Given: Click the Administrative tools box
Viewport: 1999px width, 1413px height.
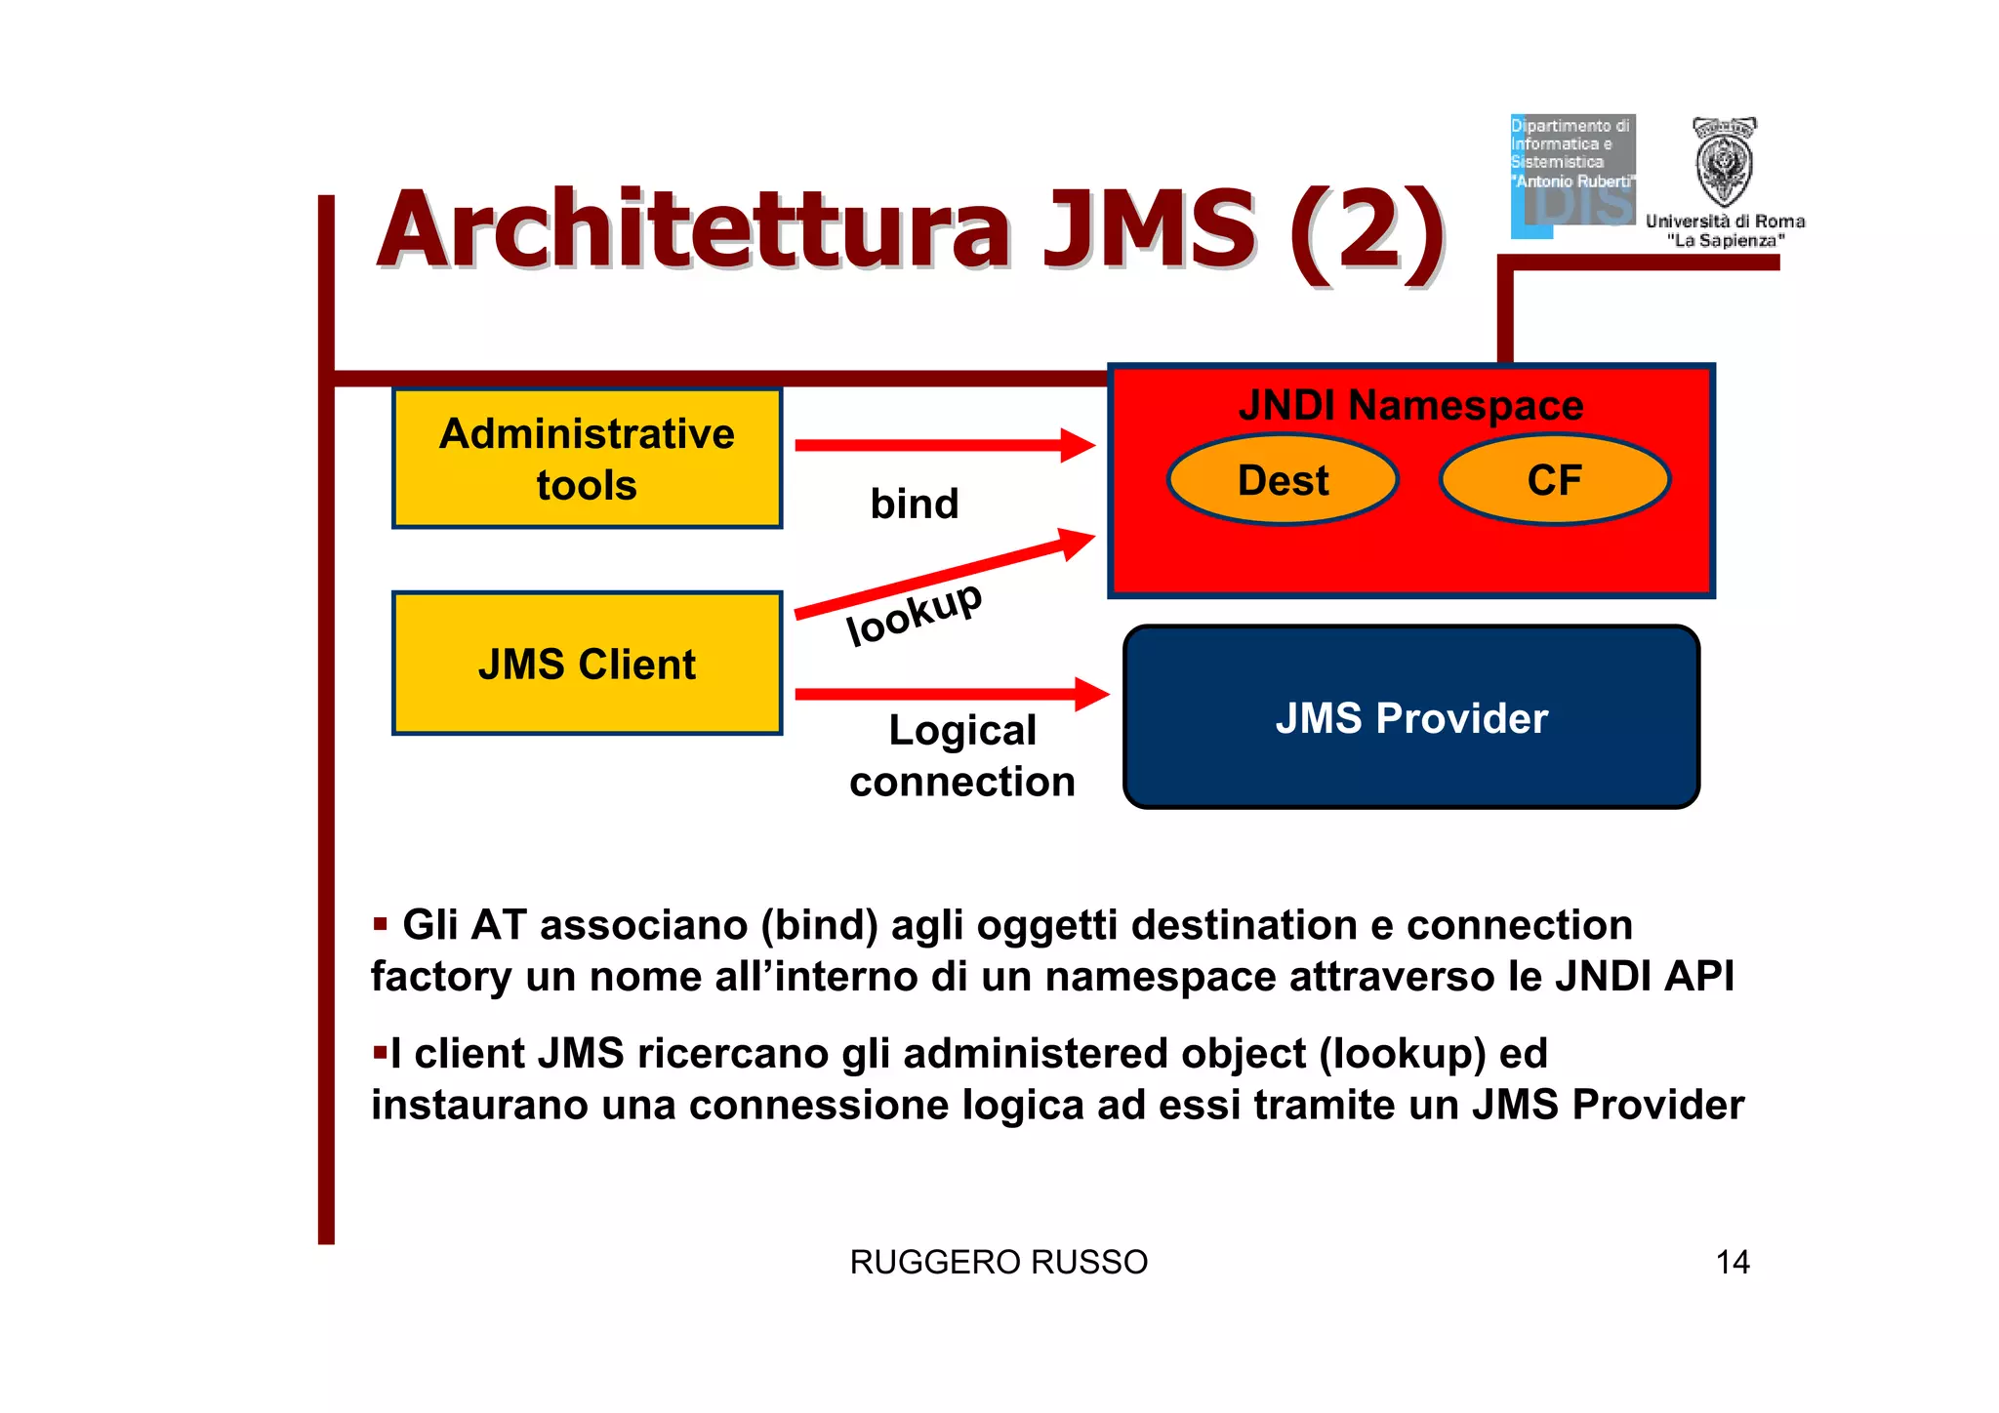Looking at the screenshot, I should (x=587, y=459).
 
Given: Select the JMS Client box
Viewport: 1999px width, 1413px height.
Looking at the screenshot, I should (x=587, y=664).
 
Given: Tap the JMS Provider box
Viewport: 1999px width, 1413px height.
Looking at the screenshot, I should (x=1410, y=717).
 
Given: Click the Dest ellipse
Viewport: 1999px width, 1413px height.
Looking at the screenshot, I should (x=1283, y=480).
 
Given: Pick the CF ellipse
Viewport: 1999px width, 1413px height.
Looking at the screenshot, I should (x=1554, y=480).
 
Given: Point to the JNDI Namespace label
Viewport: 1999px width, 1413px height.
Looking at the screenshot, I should (x=1410, y=405).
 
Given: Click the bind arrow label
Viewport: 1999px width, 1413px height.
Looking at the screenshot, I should (x=915, y=504).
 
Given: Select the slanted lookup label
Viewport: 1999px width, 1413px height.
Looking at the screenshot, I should (x=914, y=613).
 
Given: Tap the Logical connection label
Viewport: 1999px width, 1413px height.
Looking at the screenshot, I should (x=961, y=756).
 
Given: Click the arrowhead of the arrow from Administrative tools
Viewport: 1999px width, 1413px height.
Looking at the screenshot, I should (x=1078, y=445).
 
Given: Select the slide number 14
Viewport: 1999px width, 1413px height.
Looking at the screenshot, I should (x=1733, y=1262).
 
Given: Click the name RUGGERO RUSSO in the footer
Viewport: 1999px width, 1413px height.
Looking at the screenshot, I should (x=999, y=1262).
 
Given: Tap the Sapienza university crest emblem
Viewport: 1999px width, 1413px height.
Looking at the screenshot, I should (x=1724, y=162).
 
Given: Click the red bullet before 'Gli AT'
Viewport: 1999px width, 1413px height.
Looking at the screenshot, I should (x=381, y=923).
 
